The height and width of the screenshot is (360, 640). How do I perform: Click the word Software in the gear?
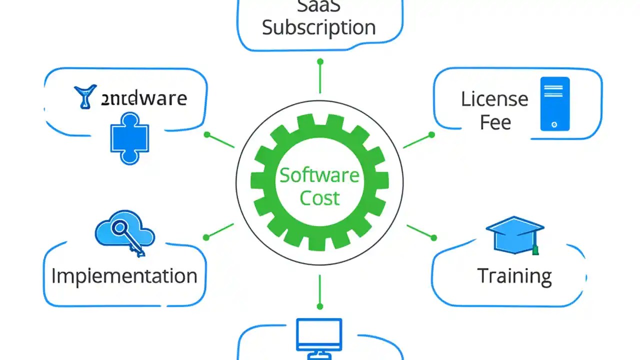point(319,175)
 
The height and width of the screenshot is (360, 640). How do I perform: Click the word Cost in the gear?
point(319,198)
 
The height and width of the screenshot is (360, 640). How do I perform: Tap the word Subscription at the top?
point(319,27)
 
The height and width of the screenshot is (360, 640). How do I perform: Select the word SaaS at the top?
point(319,6)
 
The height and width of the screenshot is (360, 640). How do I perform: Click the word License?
point(494,99)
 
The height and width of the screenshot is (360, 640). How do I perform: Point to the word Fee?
point(495,122)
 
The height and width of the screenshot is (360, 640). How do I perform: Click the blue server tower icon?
point(554,104)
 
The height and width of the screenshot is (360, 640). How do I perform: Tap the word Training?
point(514,276)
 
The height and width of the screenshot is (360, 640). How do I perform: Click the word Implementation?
point(124,276)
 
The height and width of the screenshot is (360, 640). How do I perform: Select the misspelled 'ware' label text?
point(143,98)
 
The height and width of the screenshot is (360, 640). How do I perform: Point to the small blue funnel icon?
point(85,96)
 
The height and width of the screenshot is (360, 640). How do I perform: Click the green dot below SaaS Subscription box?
point(320,61)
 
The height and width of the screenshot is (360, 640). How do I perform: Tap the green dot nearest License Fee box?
point(432,134)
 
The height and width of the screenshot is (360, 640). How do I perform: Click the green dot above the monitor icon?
point(320,306)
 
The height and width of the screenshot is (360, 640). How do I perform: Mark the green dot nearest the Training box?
point(433,238)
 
